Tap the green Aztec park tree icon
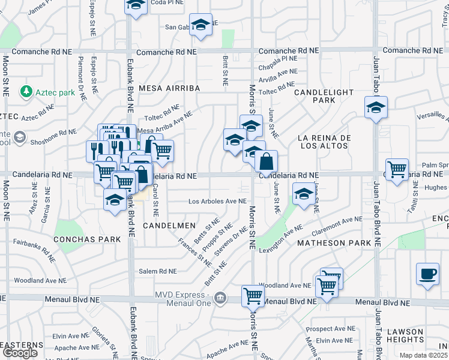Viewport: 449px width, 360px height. click(x=26, y=91)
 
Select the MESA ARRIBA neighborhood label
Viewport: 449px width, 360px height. click(x=169, y=88)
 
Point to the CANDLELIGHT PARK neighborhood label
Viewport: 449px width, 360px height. click(x=323, y=96)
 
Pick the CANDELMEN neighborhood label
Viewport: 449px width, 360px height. click(x=169, y=225)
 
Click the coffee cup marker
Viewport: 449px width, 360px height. click(x=427, y=273)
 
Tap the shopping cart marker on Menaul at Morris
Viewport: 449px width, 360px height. click(x=253, y=295)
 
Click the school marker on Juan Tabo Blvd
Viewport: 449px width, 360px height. click(x=376, y=107)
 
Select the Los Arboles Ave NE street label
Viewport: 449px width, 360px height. click(x=218, y=202)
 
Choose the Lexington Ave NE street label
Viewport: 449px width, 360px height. click(x=282, y=239)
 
